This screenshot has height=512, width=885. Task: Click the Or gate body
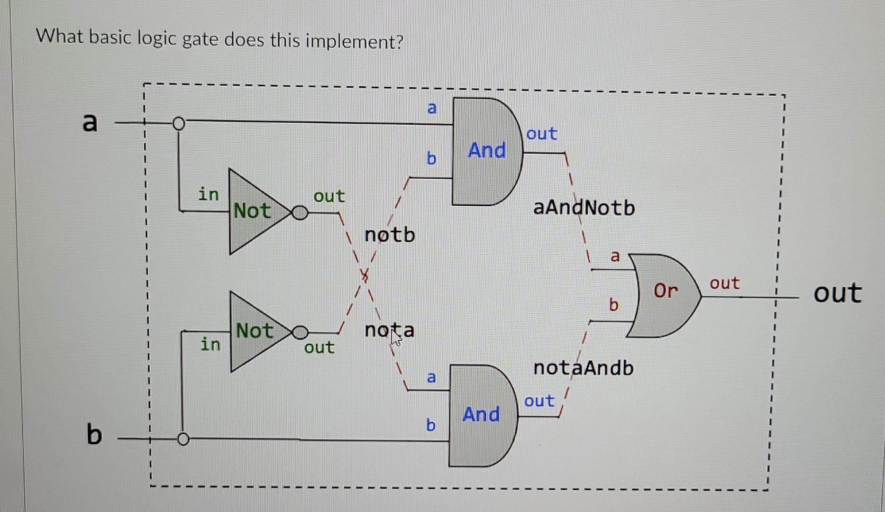[x=664, y=295]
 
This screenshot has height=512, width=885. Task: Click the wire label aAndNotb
[x=584, y=208]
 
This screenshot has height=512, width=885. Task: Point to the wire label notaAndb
[x=583, y=368]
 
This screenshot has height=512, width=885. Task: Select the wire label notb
[x=390, y=235]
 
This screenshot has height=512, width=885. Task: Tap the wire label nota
[x=389, y=330]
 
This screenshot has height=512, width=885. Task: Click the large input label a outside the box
[x=90, y=122]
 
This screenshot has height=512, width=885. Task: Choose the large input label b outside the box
[x=94, y=434]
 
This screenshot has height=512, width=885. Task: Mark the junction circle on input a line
[x=178, y=124]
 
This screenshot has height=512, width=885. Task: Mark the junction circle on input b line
[x=183, y=439]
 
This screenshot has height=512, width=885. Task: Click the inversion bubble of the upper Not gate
[x=300, y=213]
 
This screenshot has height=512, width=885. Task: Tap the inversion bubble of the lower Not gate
[x=300, y=332]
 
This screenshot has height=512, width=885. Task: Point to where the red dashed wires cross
[x=365, y=274]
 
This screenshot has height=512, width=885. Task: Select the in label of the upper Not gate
[x=209, y=194]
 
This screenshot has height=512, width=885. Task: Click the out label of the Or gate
[x=724, y=283]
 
